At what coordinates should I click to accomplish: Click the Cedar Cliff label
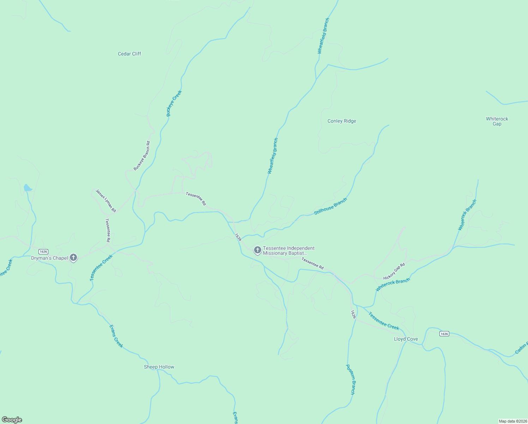130,54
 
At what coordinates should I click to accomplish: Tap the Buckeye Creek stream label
174,104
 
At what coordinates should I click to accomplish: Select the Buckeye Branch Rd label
142,156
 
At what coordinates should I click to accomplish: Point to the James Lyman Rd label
106,201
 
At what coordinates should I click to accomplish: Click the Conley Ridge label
342,121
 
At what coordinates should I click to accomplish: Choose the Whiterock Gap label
497,121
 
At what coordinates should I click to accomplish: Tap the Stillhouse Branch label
331,206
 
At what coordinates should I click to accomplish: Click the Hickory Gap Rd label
394,271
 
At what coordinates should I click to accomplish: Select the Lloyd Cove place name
406,339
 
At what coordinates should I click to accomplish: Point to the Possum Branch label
350,379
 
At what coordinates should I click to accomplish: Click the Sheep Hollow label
159,367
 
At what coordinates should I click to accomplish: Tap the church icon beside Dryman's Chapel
73,258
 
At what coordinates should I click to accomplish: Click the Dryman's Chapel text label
49,258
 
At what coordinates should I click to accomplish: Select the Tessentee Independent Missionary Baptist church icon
258,250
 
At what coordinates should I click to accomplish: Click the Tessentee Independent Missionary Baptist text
288,251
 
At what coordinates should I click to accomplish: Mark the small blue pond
27,188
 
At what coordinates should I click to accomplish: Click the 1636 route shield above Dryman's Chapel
43,252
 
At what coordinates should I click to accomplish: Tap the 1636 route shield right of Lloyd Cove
444,334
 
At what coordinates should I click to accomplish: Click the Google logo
12,420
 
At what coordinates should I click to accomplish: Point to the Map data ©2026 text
512,421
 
